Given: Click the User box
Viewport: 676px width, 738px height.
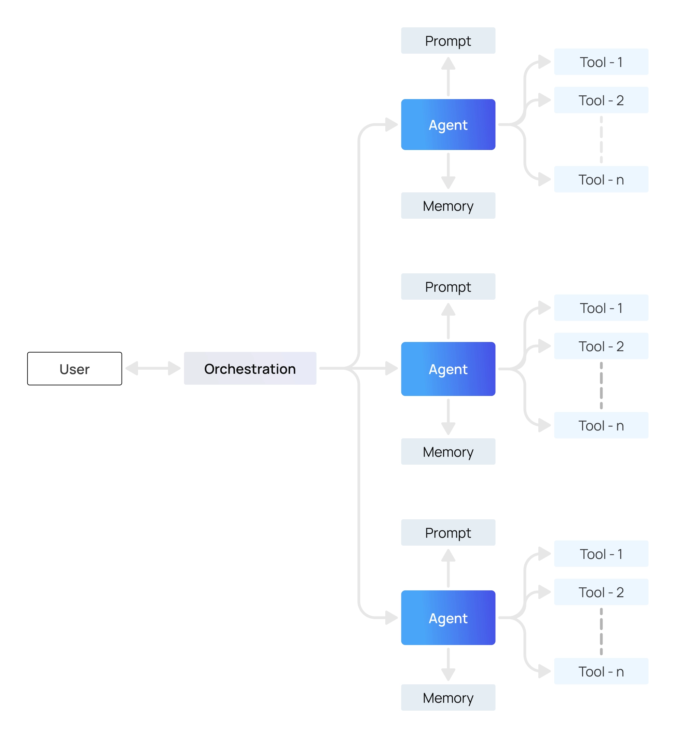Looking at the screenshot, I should pyautogui.click(x=74, y=369).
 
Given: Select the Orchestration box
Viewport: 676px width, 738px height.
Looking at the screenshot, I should pyautogui.click(x=250, y=368).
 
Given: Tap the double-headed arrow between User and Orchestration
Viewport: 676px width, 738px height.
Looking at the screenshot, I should pyautogui.click(x=153, y=368).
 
